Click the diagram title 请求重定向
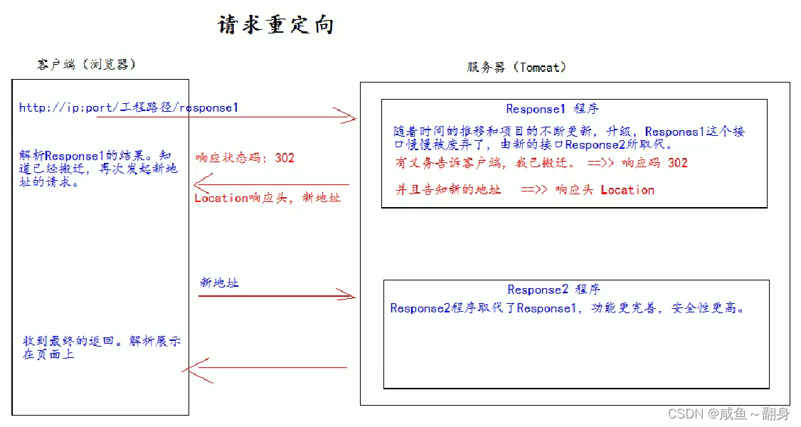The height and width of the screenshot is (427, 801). [276, 26]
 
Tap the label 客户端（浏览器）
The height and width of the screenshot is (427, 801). [86, 64]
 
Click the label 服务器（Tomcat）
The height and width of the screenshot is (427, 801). [516, 67]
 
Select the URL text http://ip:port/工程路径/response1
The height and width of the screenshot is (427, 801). [129, 107]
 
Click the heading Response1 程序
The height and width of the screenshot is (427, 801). [552, 109]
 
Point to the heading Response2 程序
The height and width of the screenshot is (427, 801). [553, 290]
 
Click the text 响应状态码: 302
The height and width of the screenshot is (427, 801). [245, 157]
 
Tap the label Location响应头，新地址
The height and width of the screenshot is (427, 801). [267, 198]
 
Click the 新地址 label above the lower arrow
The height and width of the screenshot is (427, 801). [219, 283]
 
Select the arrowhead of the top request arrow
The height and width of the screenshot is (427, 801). [349, 116]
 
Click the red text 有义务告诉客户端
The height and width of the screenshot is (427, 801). [441, 162]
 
